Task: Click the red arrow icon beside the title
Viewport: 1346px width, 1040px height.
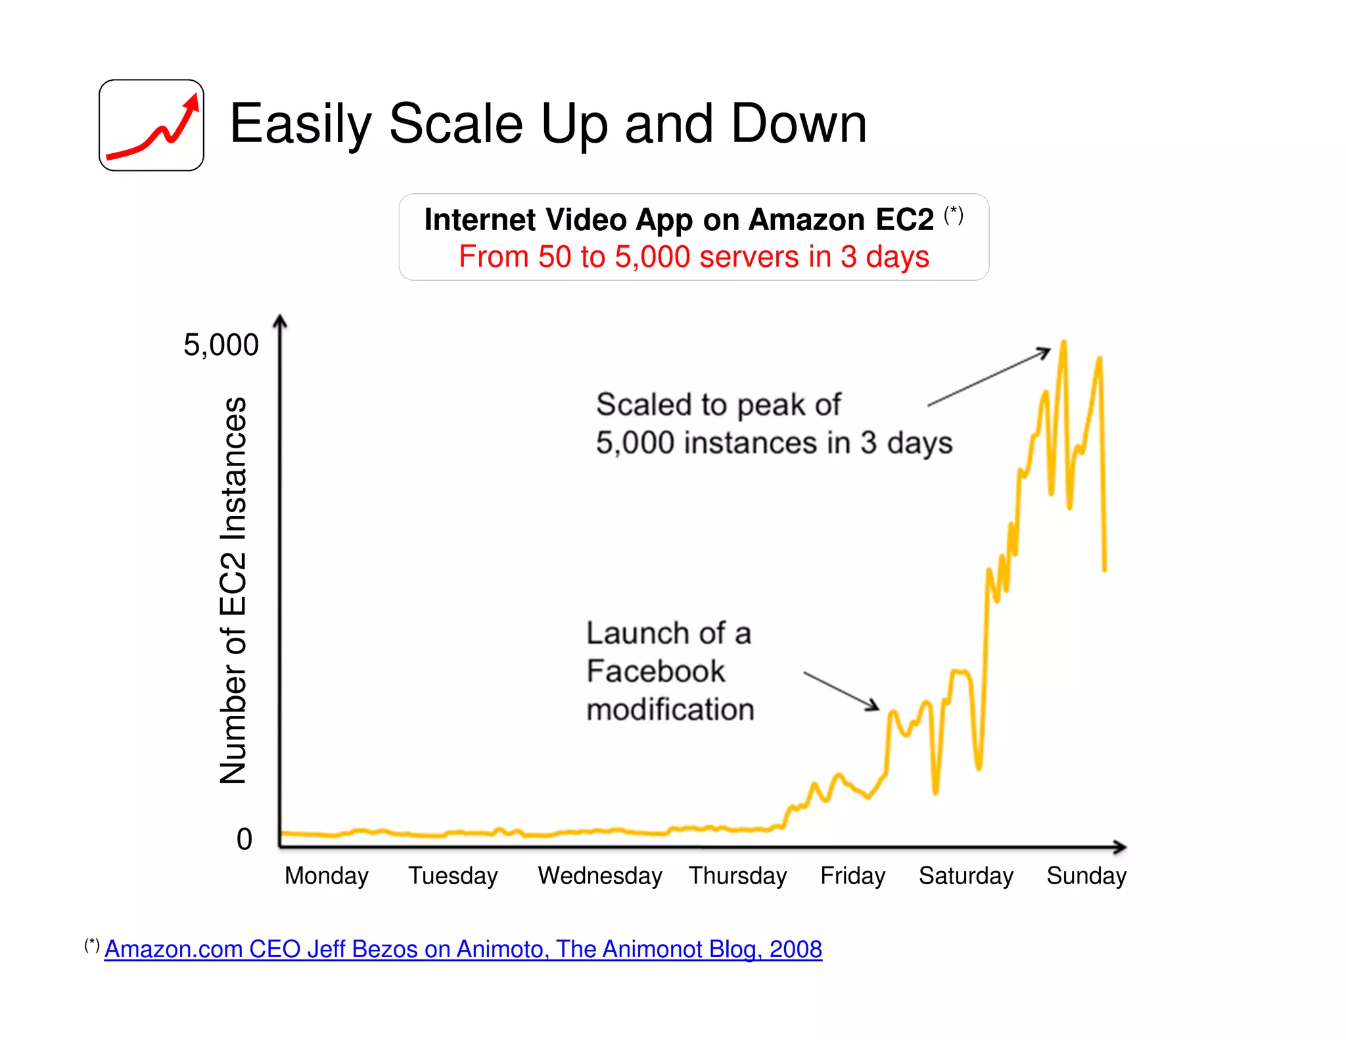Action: point(152,126)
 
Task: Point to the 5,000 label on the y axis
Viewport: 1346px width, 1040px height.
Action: point(221,345)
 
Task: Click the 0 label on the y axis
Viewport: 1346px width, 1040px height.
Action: point(244,839)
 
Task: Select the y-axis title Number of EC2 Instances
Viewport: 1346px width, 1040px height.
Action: point(233,590)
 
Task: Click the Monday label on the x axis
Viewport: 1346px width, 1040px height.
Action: point(327,876)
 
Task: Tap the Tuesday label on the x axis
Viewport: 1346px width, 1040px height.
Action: point(453,876)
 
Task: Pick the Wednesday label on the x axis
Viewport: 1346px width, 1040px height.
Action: point(600,876)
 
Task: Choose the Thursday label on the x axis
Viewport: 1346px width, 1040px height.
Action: point(737,876)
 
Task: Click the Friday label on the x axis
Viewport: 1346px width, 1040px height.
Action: point(852,876)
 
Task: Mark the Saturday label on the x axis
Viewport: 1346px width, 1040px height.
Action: point(965,876)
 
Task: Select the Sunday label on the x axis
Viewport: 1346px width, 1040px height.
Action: point(1086,876)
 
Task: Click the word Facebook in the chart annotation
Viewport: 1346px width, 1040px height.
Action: point(656,671)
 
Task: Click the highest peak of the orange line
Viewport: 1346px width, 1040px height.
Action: point(1063,343)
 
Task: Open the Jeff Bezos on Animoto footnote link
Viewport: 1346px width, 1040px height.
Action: point(463,949)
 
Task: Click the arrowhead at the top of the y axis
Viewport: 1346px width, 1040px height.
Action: point(280,320)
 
